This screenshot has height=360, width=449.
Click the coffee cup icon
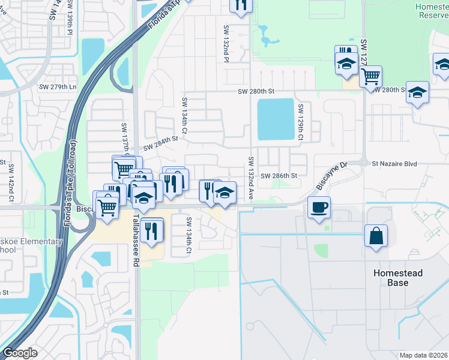[319, 208]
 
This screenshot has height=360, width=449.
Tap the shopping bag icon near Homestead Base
[376, 236]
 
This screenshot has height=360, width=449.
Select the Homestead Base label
[397, 277]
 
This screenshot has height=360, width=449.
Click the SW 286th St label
[279, 176]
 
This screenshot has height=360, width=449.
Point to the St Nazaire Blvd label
[394, 163]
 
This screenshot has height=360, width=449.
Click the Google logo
[19, 353]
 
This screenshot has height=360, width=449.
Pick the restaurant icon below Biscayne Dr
[152, 229]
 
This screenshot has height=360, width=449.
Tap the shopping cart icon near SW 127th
[370, 76]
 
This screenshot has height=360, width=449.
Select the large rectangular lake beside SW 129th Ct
[276, 119]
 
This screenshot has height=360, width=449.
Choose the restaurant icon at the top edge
[240, 5]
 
